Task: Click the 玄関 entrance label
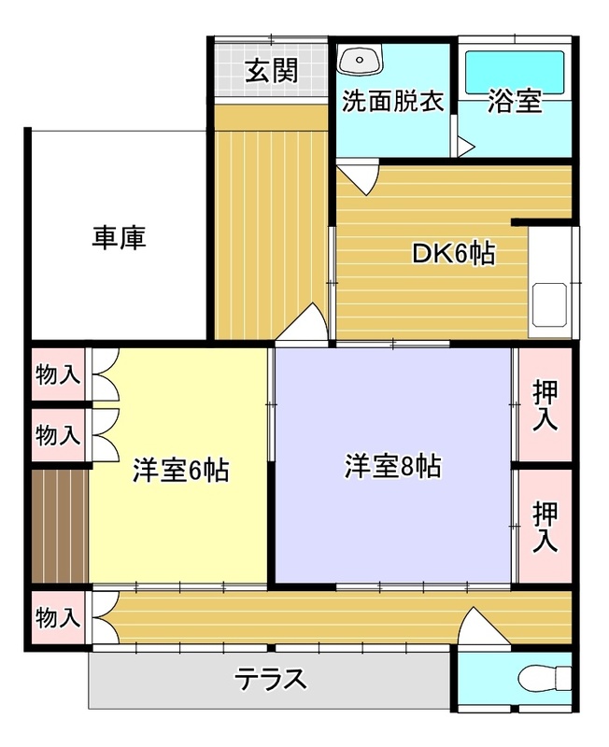(x=272, y=72)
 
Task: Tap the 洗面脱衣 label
(x=392, y=101)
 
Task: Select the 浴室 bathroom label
(x=515, y=101)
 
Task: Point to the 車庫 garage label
(x=119, y=238)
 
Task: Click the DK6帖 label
(x=454, y=253)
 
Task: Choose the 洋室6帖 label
(x=180, y=470)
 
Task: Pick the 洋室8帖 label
(x=392, y=466)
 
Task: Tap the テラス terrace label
(x=271, y=679)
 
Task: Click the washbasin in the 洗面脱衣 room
(x=360, y=61)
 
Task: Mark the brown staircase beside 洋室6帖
(x=59, y=526)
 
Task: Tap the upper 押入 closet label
(x=545, y=406)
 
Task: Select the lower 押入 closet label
(x=545, y=526)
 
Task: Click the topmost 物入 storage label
(x=58, y=375)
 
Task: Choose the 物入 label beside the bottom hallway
(x=58, y=617)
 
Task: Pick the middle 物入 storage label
(x=58, y=434)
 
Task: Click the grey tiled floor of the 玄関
(x=229, y=70)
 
